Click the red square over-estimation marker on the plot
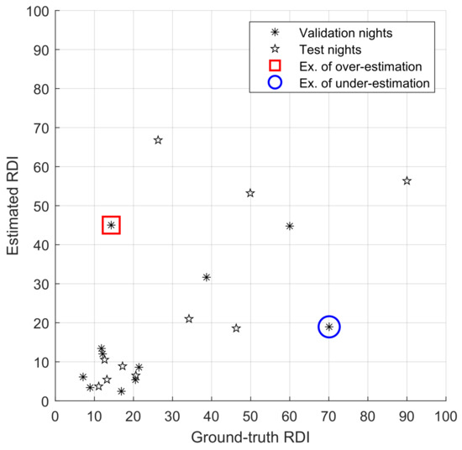[x=111, y=225]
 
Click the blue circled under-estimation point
[x=329, y=327]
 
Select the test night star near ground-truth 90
[x=407, y=181]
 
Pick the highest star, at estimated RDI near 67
[x=158, y=140]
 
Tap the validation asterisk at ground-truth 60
[x=290, y=226]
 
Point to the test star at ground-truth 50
[x=250, y=193]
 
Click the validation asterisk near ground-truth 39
[x=207, y=277]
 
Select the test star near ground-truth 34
[x=189, y=319]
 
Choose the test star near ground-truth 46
[x=236, y=328]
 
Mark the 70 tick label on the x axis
[x=328, y=414]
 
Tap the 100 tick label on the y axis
[x=38, y=11]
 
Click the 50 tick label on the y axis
[x=41, y=206]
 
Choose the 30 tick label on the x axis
[x=172, y=414]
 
